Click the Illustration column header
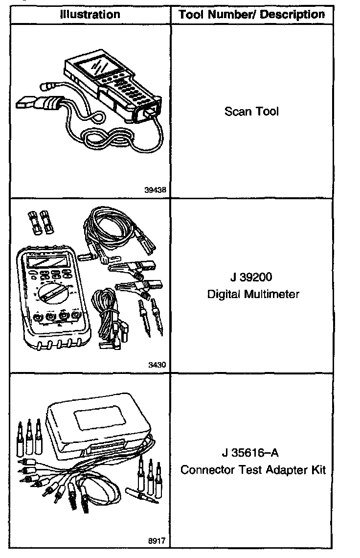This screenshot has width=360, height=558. click(90, 15)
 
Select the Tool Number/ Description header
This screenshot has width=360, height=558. click(251, 15)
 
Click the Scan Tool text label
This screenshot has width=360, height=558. click(251, 112)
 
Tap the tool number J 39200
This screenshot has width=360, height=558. click(251, 278)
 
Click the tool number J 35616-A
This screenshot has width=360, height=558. click(251, 453)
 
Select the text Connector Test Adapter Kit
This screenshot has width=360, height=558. click(253, 470)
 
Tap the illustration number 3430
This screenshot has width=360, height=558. click(157, 365)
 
